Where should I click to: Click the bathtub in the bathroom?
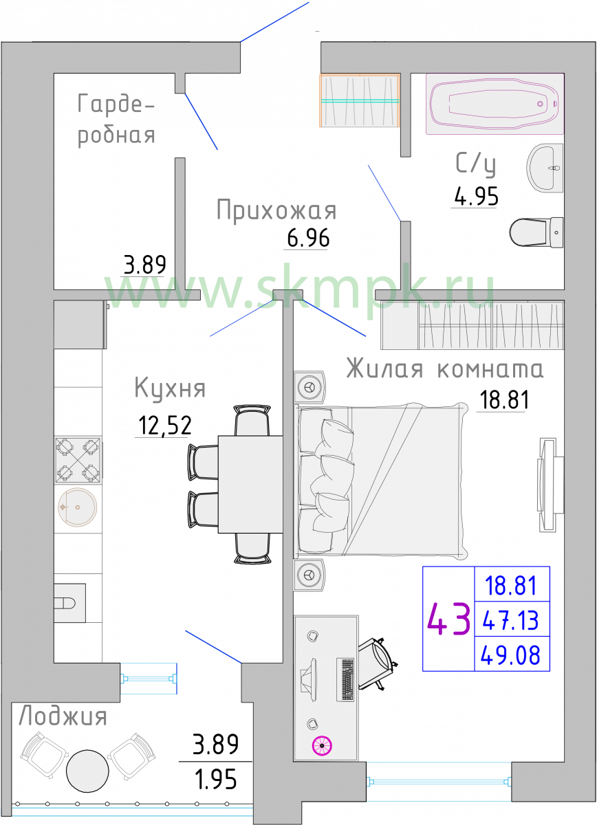coord(495,104)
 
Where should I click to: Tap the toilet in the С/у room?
coord(536,232)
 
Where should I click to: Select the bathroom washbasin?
coord(545,168)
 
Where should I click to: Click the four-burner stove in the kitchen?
coord(78,460)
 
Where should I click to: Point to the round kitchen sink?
coord(78,507)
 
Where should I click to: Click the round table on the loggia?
coord(87,771)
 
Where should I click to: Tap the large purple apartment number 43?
coord(448,619)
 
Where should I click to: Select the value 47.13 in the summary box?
coord(511,621)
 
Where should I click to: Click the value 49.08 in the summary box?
coord(510,654)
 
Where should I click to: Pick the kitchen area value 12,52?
coord(165,426)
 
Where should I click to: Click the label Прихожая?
coord(276,210)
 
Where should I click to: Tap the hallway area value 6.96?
coord(308,238)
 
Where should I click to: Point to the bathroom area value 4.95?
coord(476,197)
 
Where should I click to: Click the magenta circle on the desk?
coord(322,746)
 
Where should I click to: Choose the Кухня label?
coord(170,388)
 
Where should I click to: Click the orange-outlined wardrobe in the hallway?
coord(360,100)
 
